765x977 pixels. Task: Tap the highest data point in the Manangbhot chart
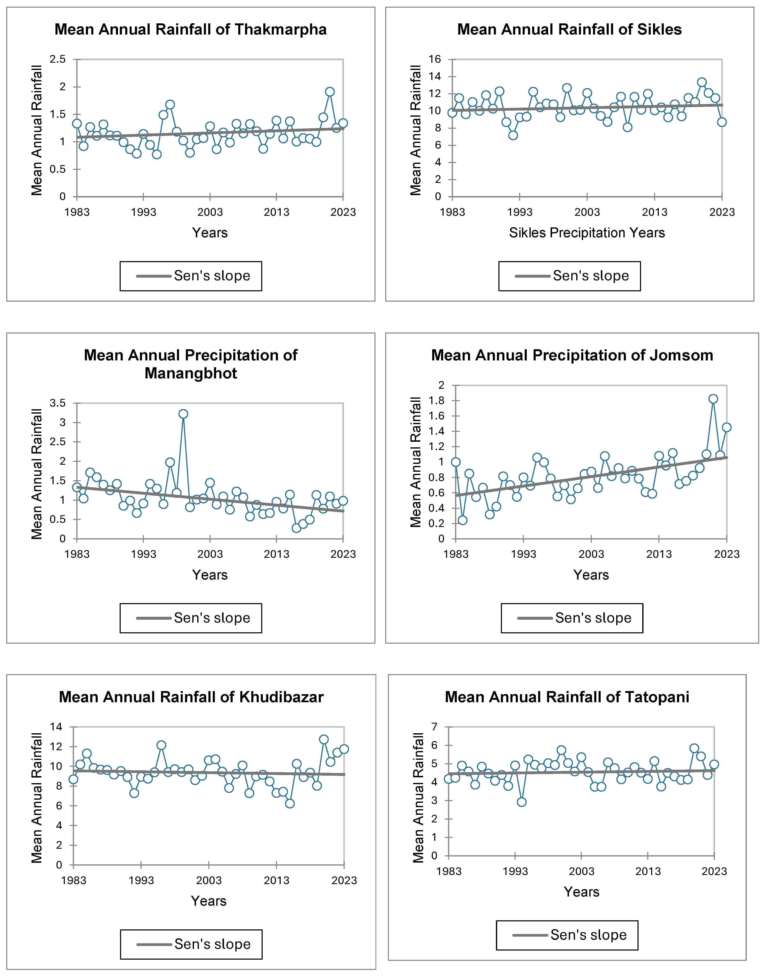click(x=183, y=414)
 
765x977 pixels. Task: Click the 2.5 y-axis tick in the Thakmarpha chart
click(x=57, y=59)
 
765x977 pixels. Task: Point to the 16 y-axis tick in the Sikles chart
click(x=434, y=59)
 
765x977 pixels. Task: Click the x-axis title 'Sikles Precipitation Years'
click(x=587, y=233)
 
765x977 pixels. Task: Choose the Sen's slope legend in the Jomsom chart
click(x=572, y=618)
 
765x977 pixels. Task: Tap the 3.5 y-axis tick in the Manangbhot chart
click(x=57, y=403)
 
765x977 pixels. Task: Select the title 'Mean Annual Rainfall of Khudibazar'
click(x=191, y=697)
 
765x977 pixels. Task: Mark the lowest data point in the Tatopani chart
click(x=521, y=802)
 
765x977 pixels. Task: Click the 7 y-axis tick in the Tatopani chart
click(x=434, y=727)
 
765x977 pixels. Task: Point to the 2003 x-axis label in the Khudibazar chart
click(x=209, y=880)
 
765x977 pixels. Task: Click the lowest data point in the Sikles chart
click(x=513, y=135)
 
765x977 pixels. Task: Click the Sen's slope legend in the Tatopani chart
click(x=567, y=935)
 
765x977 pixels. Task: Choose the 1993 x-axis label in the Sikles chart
click(x=520, y=212)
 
